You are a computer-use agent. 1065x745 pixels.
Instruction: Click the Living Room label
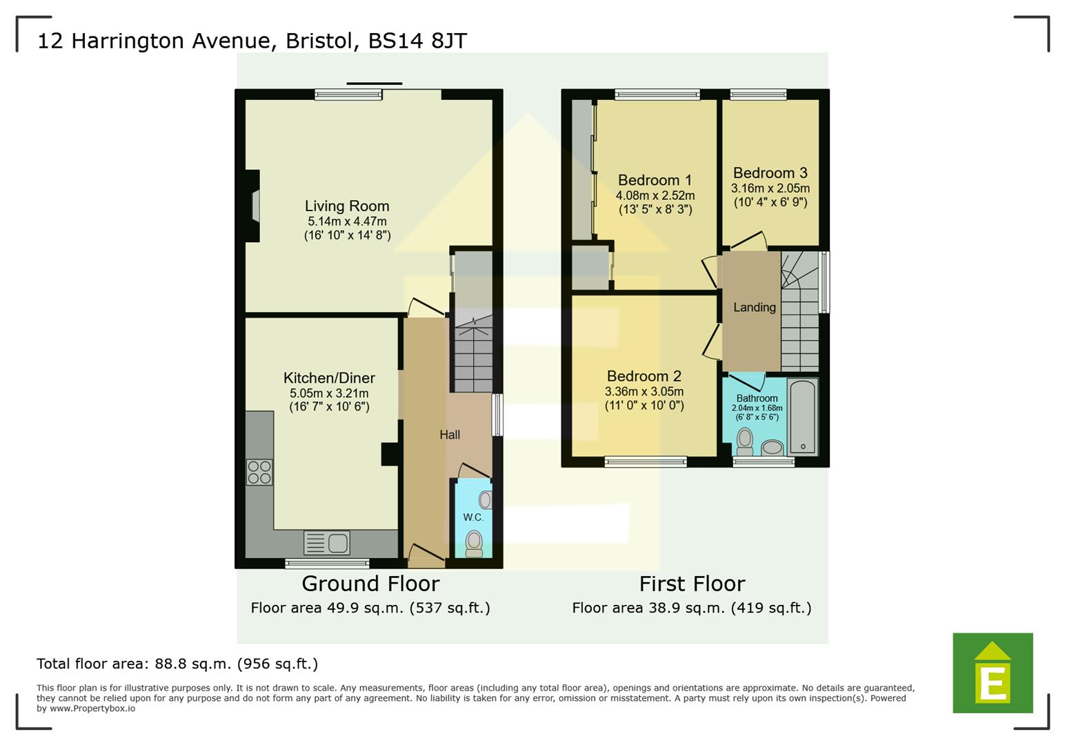[x=347, y=206]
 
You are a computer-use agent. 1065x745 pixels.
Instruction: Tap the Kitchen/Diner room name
[x=329, y=378]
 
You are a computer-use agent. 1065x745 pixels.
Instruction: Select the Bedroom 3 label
[x=770, y=173]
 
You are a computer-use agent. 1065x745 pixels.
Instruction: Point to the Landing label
[x=754, y=308]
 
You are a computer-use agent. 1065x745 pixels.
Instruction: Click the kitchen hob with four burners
[x=259, y=473]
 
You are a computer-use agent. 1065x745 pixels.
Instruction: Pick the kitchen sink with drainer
[x=327, y=543]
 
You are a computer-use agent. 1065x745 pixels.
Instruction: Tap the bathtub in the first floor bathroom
[x=802, y=416]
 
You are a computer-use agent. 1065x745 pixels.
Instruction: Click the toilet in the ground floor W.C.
[x=474, y=543]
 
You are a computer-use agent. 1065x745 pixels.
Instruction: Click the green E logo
[x=993, y=673]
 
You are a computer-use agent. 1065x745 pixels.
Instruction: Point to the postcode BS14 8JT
[x=417, y=41]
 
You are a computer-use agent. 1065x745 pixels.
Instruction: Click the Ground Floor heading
[x=370, y=584]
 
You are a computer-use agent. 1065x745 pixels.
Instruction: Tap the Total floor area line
[x=177, y=664]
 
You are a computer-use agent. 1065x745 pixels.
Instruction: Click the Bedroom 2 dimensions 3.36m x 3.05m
[x=644, y=392]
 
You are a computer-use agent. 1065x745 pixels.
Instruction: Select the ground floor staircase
[x=473, y=352]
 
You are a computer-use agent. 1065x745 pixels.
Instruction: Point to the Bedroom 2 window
[x=646, y=462]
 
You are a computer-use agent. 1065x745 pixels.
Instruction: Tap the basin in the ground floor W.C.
[x=485, y=499]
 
